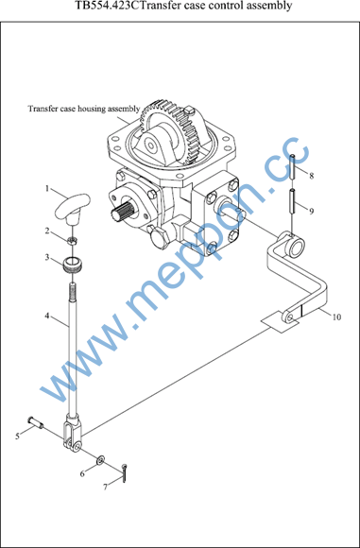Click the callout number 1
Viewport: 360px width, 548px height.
[46, 188]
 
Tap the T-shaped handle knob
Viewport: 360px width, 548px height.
[73, 207]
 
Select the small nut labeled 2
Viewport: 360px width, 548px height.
[73, 240]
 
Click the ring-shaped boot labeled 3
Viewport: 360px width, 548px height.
[73, 265]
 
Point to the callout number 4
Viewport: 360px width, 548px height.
[46, 316]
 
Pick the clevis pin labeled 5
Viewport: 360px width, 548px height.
[35, 421]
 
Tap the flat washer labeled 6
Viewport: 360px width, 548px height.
[101, 460]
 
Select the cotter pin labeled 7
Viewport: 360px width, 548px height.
[124, 473]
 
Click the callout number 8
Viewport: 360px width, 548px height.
[312, 176]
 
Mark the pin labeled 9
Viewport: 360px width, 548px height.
[293, 200]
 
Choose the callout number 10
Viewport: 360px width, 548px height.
[336, 317]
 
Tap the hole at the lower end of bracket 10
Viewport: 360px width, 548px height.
[291, 317]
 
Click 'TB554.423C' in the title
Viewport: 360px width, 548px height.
[106, 6]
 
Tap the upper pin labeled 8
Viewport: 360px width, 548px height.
[293, 166]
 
